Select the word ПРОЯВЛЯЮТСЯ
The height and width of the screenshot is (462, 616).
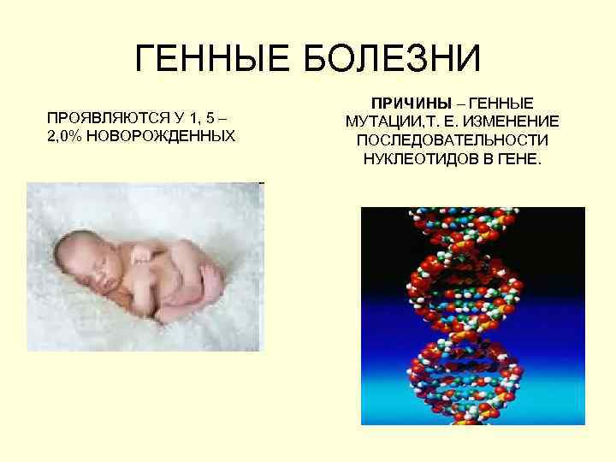(x=101, y=116)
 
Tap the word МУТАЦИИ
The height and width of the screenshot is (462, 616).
(x=386, y=121)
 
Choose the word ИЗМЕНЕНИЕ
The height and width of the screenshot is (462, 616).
(x=511, y=121)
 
